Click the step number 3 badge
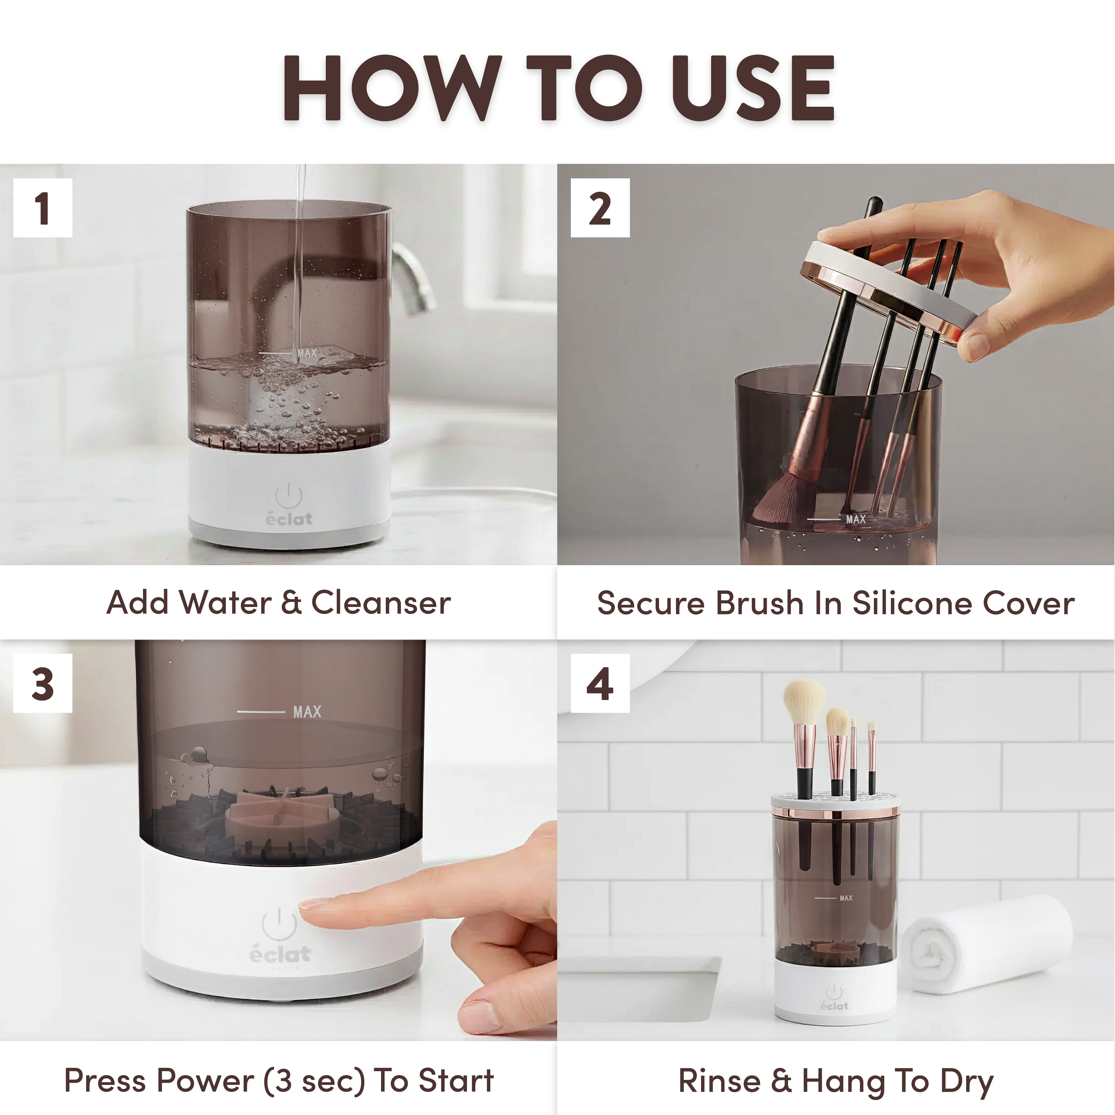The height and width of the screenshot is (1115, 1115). point(43,683)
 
